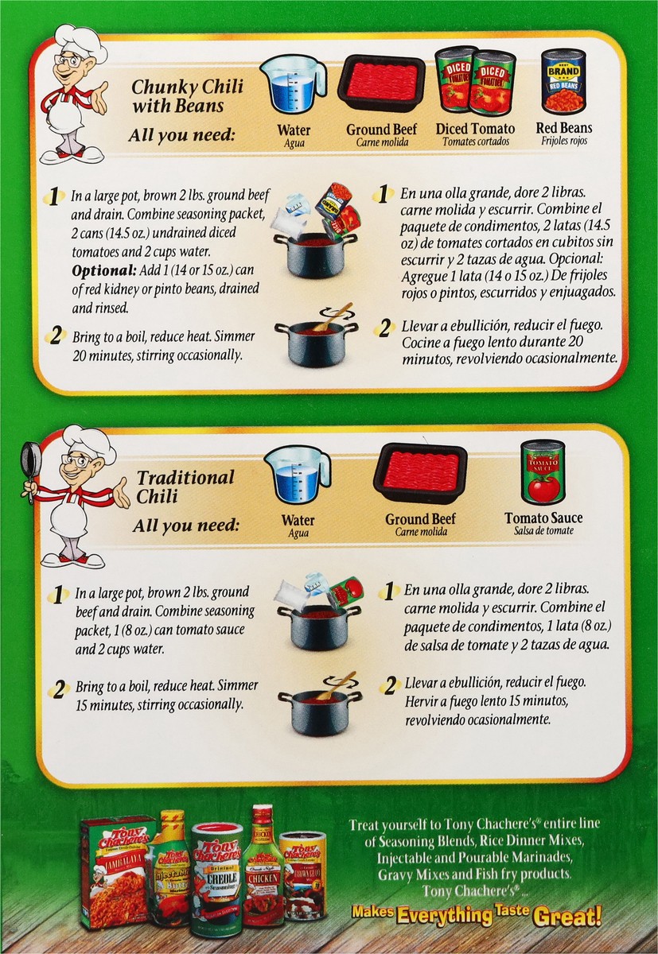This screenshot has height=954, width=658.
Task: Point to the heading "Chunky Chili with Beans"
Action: pos(188,96)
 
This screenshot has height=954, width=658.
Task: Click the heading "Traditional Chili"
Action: pos(185,487)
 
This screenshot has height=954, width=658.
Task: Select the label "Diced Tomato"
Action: pos(475,129)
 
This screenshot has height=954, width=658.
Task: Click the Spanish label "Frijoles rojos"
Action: pos(564,141)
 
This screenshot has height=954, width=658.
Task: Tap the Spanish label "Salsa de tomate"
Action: pos(543,531)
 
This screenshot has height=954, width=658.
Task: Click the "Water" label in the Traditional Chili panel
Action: pos(298,520)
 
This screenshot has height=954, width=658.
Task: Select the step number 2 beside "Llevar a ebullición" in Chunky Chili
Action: pos(384,329)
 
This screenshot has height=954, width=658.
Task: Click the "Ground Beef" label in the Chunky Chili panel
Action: pos(381,129)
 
